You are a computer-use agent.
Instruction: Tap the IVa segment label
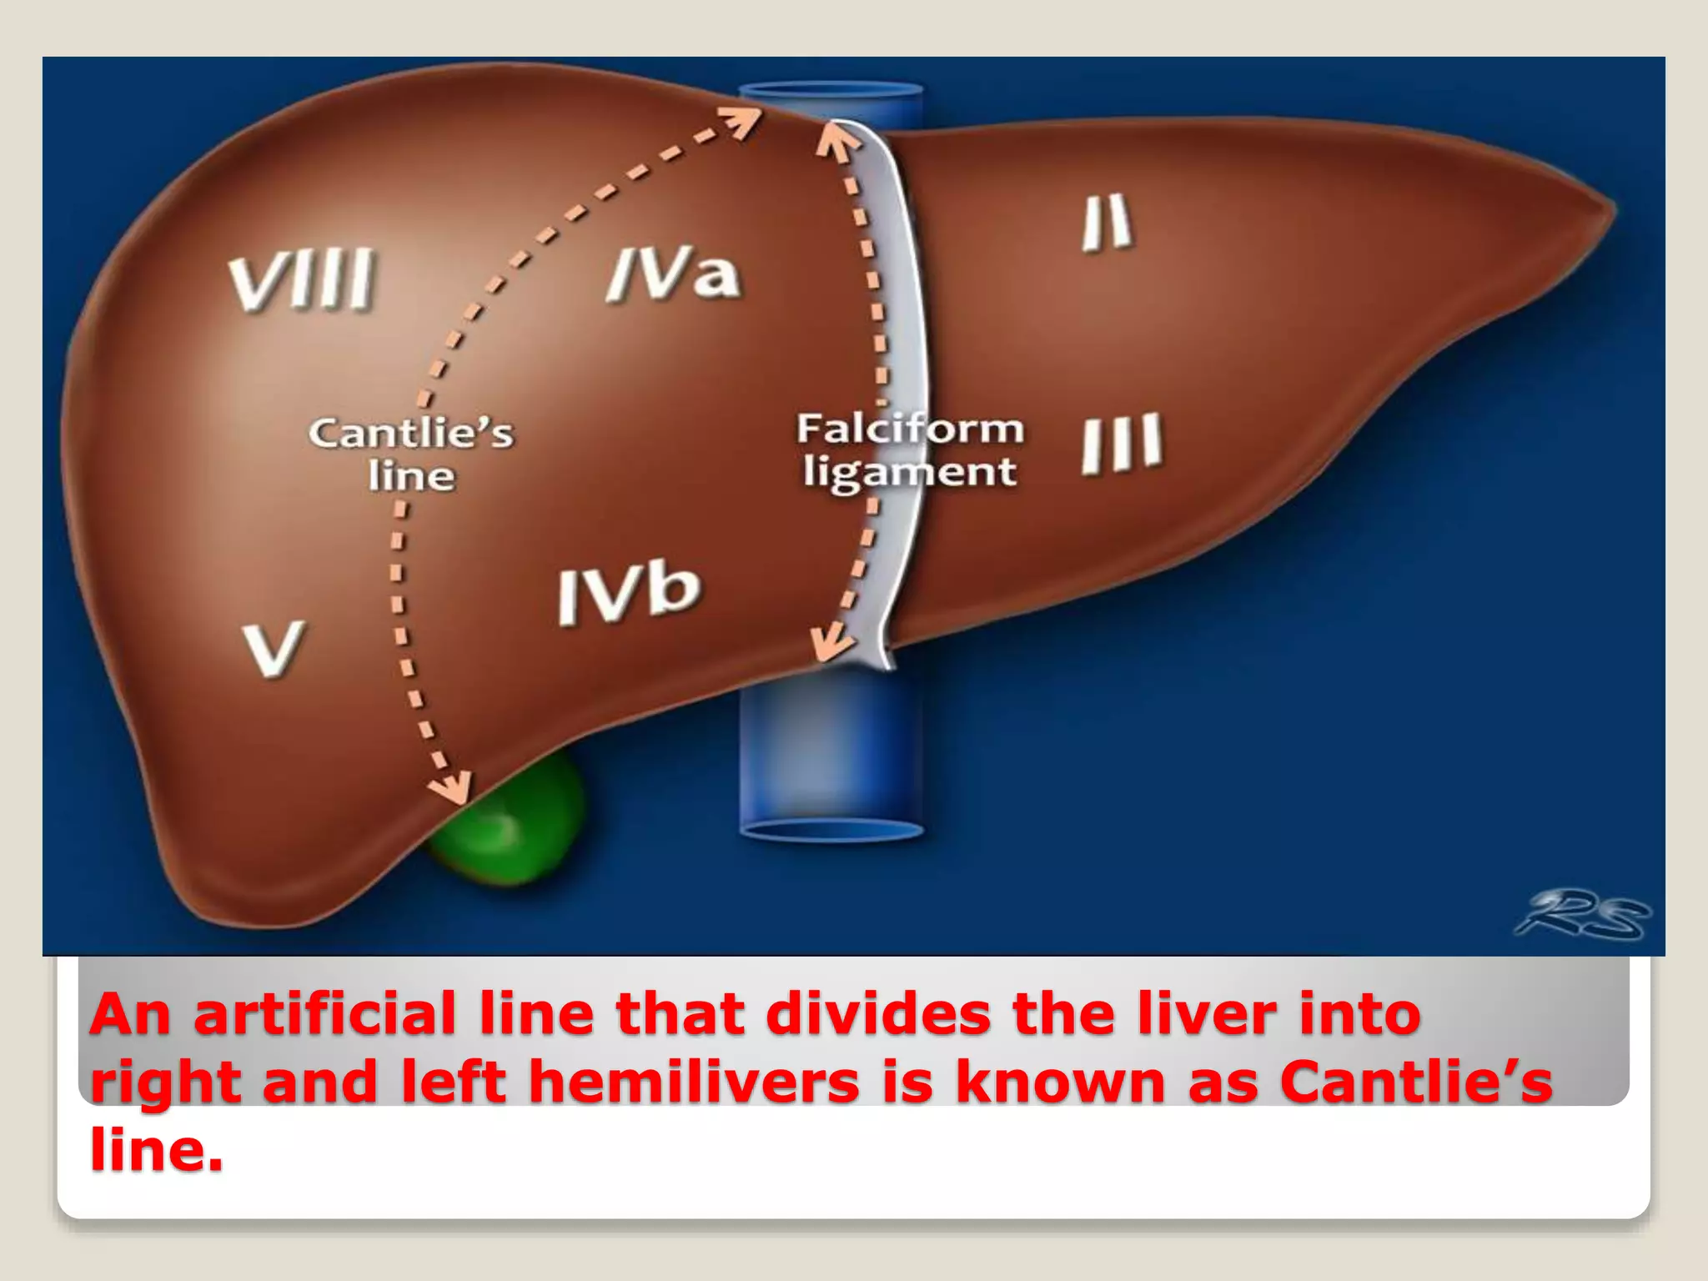[x=673, y=274]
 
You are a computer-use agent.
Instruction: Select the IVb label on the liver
[x=629, y=593]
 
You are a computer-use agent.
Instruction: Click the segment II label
[x=1108, y=222]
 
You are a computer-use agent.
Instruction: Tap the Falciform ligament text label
[x=909, y=450]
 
